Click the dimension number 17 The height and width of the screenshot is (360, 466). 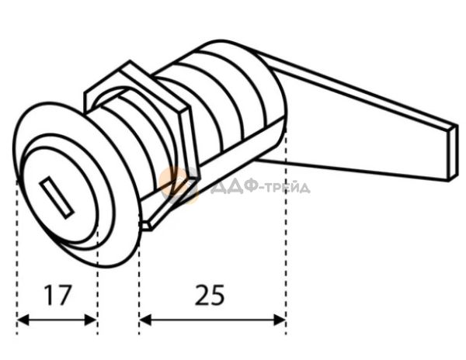tap(57, 295)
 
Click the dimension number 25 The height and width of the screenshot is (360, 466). tap(210, 295)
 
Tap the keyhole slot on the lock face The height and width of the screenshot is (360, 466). tap(57, 197)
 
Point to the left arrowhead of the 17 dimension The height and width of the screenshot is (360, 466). tap(23, 320)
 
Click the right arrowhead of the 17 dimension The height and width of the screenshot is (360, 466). tap(91, 320)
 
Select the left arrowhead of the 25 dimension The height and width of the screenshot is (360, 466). tap(145, 320)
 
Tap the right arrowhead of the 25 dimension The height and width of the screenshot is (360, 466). tap(280, 320)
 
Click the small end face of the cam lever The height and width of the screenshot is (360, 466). tap(453, 153)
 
